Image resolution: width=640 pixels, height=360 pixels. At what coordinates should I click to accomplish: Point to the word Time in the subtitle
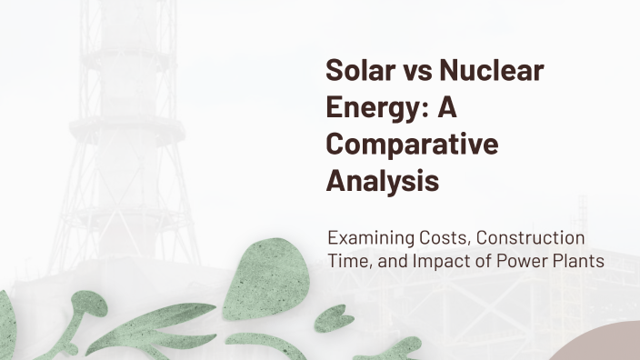[x=345, y=262]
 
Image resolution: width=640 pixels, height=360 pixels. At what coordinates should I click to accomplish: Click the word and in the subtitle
[x=390, y=262]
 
